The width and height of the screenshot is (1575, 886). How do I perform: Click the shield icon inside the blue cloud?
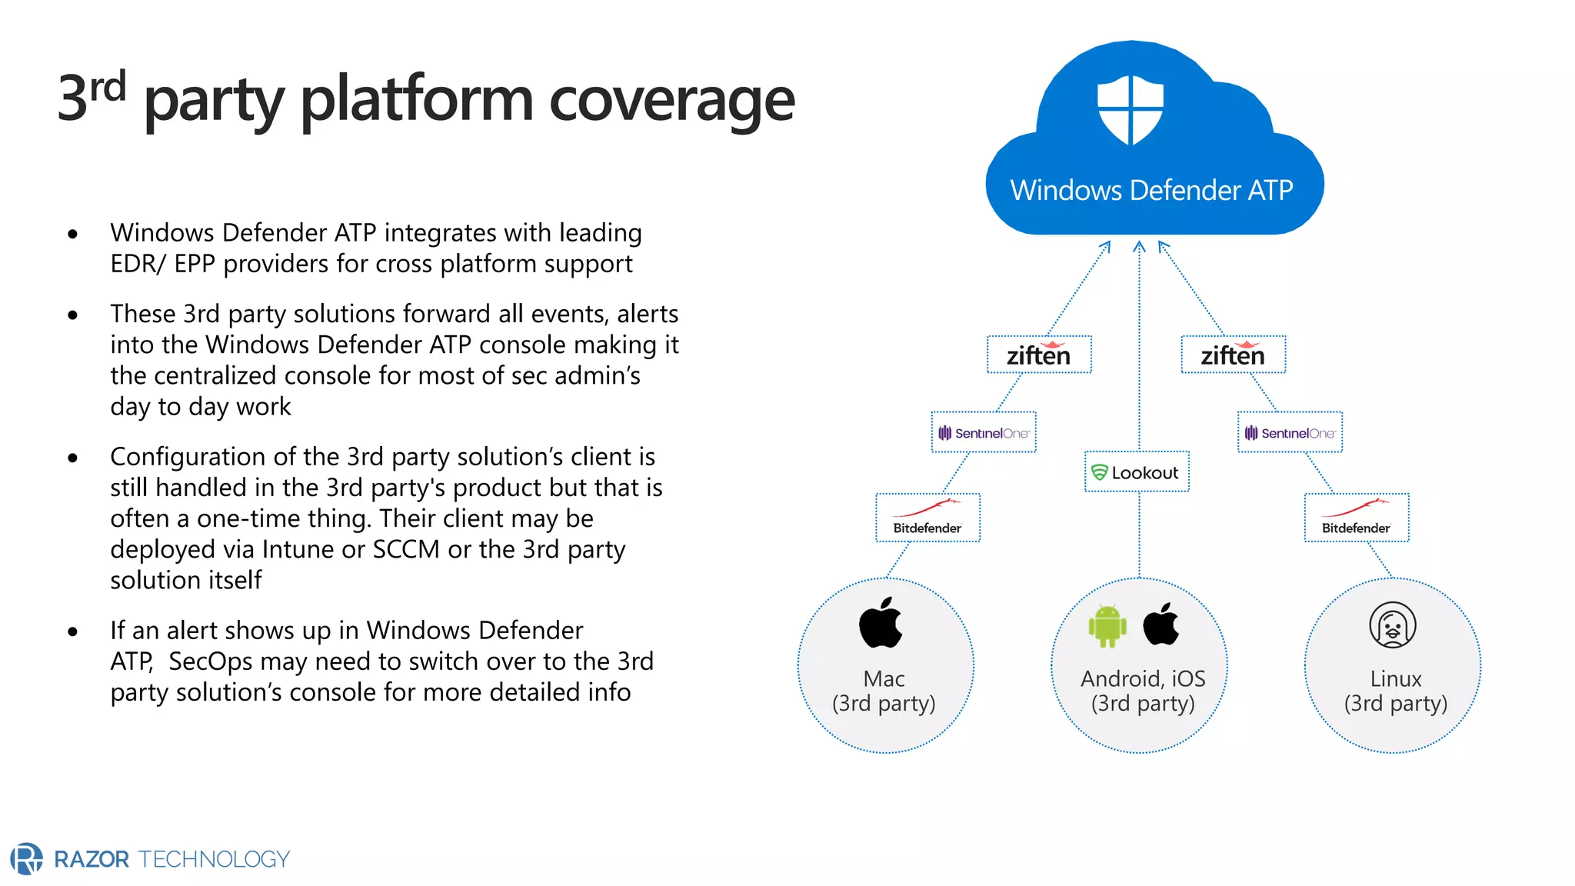click(1130, 109)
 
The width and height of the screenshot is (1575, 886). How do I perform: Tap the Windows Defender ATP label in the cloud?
click(1151, 190)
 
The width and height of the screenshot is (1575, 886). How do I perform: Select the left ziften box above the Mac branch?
click(1039, 355)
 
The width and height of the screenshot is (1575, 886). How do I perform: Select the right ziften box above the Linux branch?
click(1233, 355)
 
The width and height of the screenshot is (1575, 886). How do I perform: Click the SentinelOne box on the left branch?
click(984, 432)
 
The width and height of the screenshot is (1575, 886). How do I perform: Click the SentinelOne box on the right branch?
click(1290, 432)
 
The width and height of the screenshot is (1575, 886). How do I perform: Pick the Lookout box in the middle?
click(1137, 472)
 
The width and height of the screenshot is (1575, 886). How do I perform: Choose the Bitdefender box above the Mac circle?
click(927, 518)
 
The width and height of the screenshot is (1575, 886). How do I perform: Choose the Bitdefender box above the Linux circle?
click(1357, 518)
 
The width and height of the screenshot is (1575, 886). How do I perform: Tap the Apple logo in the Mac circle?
click(881, 622)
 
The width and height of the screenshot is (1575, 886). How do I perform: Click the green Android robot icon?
click(1107, 626)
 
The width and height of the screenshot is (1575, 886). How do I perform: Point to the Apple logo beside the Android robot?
click(1160, 624)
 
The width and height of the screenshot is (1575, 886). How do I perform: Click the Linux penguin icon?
click(1392, 625)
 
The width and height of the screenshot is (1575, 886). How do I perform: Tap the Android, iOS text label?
click(1143, 678)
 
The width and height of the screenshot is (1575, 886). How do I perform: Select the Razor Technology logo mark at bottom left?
click(27, 858)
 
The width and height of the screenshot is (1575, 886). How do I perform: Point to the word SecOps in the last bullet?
click(211, 661)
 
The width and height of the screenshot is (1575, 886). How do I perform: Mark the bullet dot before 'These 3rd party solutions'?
click(73, 315)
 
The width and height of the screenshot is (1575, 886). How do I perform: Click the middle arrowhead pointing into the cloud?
click(1140, 247)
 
